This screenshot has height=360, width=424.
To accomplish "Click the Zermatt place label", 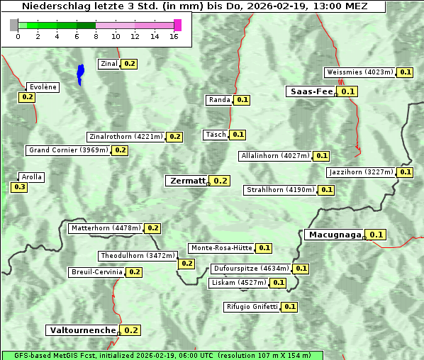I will click(186, 181).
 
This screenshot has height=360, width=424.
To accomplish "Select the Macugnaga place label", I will click(334, 235).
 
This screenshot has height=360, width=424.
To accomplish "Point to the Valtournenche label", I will click(82, 330).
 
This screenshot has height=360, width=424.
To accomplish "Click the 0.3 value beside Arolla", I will click(19, 187).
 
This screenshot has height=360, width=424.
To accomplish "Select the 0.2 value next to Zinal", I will click(129, 64).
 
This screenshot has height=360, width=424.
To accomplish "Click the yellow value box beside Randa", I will click(242, 100).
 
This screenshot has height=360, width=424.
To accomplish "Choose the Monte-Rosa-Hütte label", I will click(221, 248).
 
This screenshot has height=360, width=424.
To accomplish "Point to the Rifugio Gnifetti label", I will click(252, 307).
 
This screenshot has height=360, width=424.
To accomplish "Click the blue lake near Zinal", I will click(80, 74).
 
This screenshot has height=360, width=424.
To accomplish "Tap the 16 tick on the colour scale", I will click(174, 36).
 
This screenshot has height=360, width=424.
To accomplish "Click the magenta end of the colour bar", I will click(177, 25).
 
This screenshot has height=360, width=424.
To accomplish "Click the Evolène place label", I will click(42, 87).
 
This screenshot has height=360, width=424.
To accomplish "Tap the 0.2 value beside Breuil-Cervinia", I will click(134, 272).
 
